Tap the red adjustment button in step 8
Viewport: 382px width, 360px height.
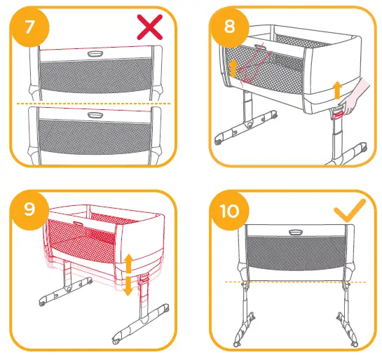pyautogui.click(x=339, y=113)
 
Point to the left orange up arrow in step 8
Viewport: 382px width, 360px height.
pyautogui.click(x=233, y=68)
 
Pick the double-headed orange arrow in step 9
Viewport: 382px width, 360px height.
pyautogui.click(x=128, y=275)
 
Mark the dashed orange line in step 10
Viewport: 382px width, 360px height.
pyautogui.click(x=294, y=282)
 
